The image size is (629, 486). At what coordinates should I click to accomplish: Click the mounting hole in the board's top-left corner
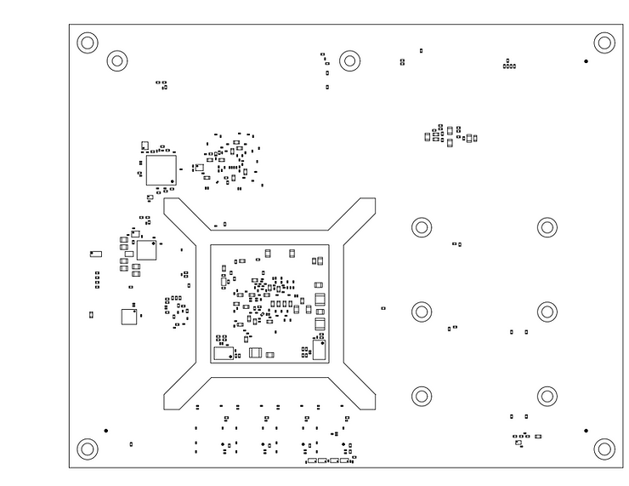88,42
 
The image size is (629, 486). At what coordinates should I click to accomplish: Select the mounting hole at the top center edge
349,60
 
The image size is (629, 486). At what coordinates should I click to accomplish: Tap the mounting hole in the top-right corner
603,42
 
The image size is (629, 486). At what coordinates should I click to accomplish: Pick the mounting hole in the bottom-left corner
88,449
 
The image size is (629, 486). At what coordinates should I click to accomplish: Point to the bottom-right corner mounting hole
603,449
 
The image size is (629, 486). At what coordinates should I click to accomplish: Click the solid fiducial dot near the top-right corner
586,61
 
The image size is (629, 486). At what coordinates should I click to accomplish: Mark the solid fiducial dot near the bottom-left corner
105,431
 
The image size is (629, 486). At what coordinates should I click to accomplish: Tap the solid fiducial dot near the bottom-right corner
586,431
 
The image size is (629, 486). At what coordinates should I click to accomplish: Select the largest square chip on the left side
161,169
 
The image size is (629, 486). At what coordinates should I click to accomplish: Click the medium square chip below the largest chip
146,249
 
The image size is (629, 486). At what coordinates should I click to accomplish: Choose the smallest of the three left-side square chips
128,317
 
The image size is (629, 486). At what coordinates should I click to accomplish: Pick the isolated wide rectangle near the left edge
96,254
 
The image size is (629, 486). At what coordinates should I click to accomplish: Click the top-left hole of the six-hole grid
422,227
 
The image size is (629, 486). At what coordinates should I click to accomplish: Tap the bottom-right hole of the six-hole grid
547,396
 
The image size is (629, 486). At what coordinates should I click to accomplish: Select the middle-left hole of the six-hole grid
422,312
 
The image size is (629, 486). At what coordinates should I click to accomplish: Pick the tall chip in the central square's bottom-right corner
320,350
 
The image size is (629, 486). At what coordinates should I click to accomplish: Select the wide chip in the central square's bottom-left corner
224,353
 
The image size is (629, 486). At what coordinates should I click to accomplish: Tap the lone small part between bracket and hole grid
383,308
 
